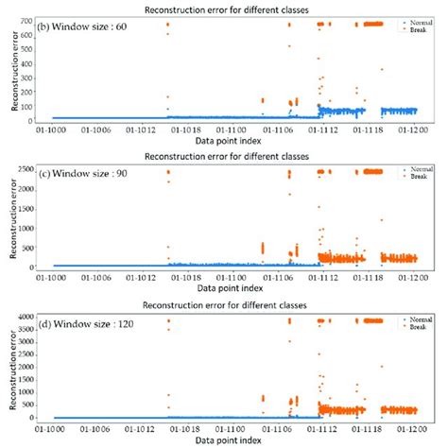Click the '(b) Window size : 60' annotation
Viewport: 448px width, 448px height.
click(x=91, y=24)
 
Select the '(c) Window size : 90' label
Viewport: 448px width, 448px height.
click(x=91, y=172)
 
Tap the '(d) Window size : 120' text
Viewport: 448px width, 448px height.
click(x=94, y=319)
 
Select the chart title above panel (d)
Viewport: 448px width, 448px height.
click(x=225, y=306)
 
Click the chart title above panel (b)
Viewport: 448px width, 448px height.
click(x=225, y=9)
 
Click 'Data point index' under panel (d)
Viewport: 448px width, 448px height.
click(x=225, y=440)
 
